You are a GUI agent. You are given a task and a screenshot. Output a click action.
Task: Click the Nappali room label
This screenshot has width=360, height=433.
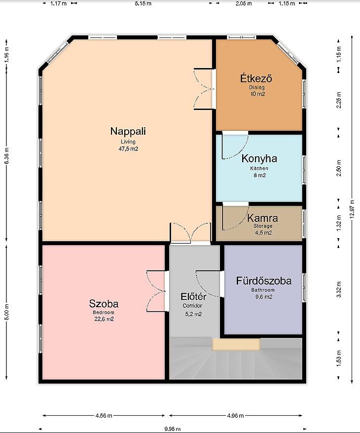[128, 131]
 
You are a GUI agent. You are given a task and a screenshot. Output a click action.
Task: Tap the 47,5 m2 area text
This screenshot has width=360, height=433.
[128, 149]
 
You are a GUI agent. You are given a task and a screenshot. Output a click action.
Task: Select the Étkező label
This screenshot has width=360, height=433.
[256, 78]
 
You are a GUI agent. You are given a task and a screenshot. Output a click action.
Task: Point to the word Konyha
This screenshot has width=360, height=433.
[259, 158]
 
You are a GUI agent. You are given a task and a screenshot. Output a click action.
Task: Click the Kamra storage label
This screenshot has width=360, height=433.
[262, 218]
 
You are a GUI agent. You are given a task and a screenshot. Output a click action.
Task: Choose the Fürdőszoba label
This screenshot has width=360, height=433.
[264, 281]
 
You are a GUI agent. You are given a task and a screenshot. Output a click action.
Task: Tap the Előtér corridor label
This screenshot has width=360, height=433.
[193, 296]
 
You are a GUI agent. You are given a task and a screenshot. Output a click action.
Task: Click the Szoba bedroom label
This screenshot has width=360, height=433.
[104, 304]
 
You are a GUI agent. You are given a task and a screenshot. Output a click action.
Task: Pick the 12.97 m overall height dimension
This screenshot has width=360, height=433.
[352, 209]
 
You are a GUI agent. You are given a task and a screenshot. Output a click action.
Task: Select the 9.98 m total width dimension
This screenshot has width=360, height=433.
[173, 429]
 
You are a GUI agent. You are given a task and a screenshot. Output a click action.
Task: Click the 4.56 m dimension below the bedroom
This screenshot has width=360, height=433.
[104, 415]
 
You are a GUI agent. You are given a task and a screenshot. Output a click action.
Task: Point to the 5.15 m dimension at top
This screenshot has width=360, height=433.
[143, 3]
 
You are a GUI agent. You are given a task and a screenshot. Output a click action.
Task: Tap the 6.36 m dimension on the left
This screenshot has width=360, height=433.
[6, 156]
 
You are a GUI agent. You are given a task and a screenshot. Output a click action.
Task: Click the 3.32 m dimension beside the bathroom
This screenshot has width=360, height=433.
[339, 289]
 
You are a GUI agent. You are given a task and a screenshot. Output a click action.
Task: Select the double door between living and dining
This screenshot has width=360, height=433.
[204, 89]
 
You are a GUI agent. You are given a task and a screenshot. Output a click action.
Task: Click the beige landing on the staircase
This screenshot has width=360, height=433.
[236, 344]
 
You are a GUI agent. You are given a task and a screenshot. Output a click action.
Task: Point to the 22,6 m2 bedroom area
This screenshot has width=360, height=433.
[104, 319]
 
